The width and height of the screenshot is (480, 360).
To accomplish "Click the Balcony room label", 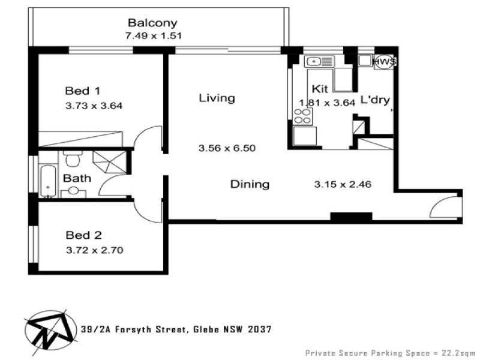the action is pyautogui.click(x=152, y=23).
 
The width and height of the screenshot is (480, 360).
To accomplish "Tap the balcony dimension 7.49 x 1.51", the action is pyautogui.click(x=154, y=35).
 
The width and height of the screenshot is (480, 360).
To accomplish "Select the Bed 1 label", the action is pyautogui.click(x=82, y=91).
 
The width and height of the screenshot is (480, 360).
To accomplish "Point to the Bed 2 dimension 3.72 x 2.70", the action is pyautogui.click(x=95, y=250).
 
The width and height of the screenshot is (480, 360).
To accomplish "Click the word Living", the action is pyautogui.click(x=217, y=98).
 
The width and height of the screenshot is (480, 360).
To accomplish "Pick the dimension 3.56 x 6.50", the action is pyautogui.click(x=227, y=148).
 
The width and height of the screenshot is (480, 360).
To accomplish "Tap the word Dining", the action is pyautogui.click(x=250, y=184).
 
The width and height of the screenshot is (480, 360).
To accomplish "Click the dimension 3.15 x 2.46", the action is pyautogui.click(x=343, y=184).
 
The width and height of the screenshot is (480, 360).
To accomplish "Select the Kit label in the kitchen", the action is pyautogui.click(x=320, y=89).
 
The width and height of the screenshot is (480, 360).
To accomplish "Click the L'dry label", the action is pyautogui.click(x=375, y=100).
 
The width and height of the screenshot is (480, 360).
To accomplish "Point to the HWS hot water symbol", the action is pyautogui.click(x=385, y=62).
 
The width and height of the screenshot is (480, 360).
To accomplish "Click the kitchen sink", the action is pyautogui.click(x=319, y=62).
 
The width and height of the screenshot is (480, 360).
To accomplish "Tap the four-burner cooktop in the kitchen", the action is pyautogui.click(x=302, y=116).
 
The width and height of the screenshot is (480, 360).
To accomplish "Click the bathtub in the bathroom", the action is pyautogui.click(x=49, y=181).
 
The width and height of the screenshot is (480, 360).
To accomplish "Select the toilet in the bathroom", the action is pyautogui.click(x=73, y=158).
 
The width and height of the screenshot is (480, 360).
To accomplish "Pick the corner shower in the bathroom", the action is pyautogui.click(x=110, y=162).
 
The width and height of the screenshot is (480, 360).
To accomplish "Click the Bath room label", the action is pyautogui.click(x=77, y=178).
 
